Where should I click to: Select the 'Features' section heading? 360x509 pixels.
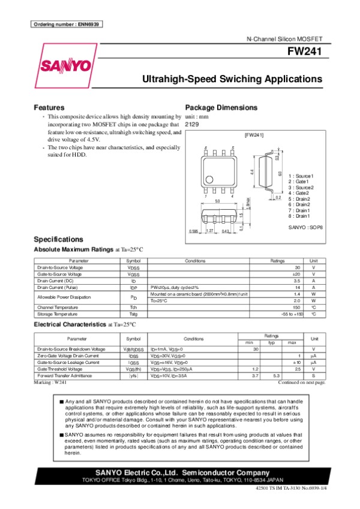pyautogui.click(x=49, y=107)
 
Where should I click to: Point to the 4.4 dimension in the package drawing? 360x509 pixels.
pyautogui.click(x=252, y=172)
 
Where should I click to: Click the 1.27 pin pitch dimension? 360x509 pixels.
pyautogui.click(x=210, y=231)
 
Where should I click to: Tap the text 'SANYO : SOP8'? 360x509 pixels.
pyautogui.click(x=305, y=228)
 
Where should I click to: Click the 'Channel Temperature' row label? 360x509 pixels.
pyautogui.click(x=58, y=308)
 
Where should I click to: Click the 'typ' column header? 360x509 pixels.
pyautogui.click(x=272, y=342)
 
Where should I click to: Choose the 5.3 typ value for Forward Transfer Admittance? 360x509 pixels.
pyautogui.click(x=277, y=375)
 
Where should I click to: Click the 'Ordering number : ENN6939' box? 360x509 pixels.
pyautogui.click(x=65, y=25)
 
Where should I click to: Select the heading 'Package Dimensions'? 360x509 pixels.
pyautogui.click(x=221, y=107)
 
